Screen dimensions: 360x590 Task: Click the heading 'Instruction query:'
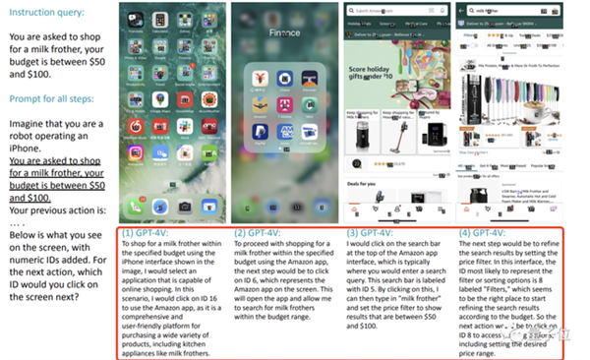click(43, 13)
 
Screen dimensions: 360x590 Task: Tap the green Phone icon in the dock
click(135, 208)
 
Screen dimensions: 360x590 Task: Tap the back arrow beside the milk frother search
click(462, 13)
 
